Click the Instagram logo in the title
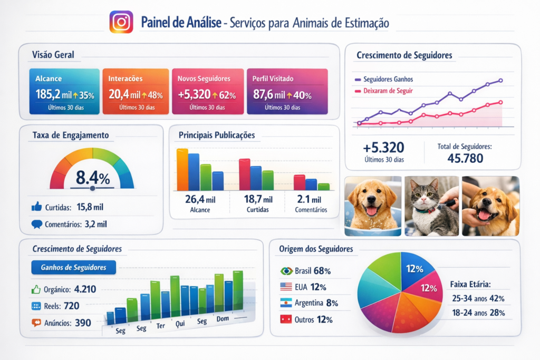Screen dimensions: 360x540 [x=121, y=22]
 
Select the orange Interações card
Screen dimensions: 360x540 [x=135, y=91]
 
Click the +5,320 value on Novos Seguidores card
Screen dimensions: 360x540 [x=194, y=95]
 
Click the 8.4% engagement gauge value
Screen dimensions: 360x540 [x=93, y=176]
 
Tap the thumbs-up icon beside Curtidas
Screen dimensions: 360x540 [x=36, y=207]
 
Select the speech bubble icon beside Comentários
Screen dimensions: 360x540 [x=36, y=224]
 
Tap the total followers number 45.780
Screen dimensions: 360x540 [x=465, y=158]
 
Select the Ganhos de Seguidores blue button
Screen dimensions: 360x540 [x=74, y=267]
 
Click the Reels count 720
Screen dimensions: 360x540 [x=71, y=306]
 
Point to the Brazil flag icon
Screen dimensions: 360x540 [x=286, y=271]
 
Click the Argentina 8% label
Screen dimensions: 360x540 [x=316, y=303]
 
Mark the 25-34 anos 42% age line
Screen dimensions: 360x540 [x=478, y=298]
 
